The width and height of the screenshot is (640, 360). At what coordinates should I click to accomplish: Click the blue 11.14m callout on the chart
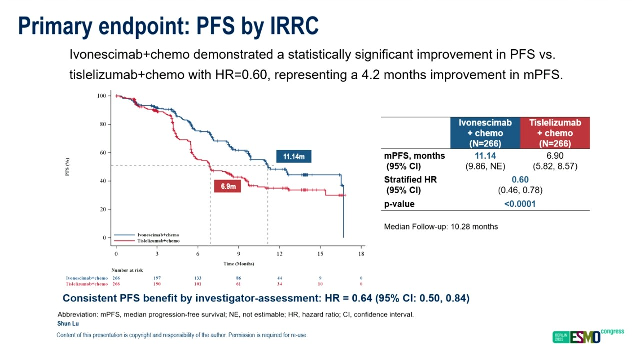tap(294, 157)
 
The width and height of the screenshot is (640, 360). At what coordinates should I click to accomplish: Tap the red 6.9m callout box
tap(228, 187)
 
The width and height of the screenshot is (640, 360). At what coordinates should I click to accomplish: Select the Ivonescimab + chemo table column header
tap(485, 133)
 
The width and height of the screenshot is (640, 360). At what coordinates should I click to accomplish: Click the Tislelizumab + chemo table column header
tap(555, 133)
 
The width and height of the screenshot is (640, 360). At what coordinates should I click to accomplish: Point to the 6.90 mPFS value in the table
tap(555, 156)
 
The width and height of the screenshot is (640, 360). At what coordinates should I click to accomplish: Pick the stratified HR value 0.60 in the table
tap(520, 180)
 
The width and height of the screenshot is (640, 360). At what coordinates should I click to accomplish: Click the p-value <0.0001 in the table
tap(520, 204)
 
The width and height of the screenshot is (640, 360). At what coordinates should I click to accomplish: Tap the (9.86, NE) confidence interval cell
tap(485, 166)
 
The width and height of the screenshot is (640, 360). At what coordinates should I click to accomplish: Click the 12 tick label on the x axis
tap(279, 254)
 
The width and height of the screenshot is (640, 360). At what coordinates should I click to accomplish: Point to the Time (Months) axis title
tap(238, 263)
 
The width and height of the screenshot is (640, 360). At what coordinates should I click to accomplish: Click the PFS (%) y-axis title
tap(67, 167)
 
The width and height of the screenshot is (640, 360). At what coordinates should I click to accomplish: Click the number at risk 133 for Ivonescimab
tap(198, 278)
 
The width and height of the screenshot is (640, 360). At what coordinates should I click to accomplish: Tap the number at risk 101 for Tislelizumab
tap(198, 284)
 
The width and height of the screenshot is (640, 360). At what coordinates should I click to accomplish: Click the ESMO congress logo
tap(588, 336)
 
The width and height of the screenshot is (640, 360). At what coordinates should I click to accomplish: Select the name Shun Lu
tap(65, 324)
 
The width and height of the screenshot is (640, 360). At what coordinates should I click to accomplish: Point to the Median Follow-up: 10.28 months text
tap(441, 227)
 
